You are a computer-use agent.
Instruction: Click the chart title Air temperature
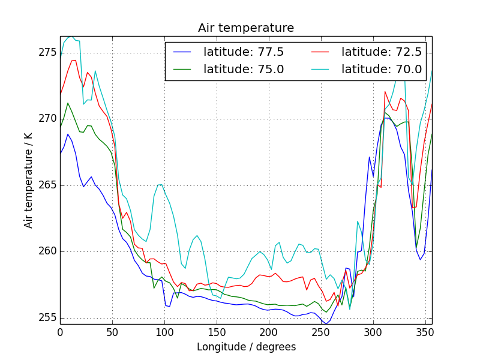[x=246, y=28]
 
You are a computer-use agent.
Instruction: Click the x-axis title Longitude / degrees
[x=246, y=347]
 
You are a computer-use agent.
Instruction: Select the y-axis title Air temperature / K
[x=28, y=180]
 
